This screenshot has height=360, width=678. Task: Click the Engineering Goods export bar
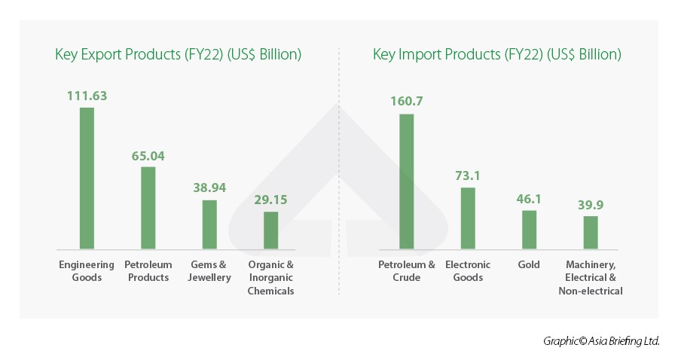pyautogui.click(x=87, y=178)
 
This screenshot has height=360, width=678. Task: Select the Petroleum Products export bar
pyautogui.click(x=148, y=207)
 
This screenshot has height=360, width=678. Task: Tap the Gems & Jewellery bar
pyautogui.click(x=209, y=224)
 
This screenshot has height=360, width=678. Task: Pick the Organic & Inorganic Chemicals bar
pyautogui.click(x=270, y=230)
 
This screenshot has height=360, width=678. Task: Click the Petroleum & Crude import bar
pyautogui.click(x=407, y=181)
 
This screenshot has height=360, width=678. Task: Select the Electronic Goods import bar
pyautogui.click(x=468, y=218)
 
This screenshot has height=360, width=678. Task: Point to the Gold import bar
pyautogui.click(x=529, y=229)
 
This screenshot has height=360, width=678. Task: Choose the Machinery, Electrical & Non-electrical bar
pyautogui.click(x=591, y=232)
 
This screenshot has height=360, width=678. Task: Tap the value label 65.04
pyautogui.click(x=148, y=156)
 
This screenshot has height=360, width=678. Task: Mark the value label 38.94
pyautogui.click(x=209, y=188)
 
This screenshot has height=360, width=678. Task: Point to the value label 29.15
pyautogui.click(x=270, y=200)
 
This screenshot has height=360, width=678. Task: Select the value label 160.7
pyautogui.click(x=407, y=101)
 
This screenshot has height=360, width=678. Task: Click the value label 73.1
pyautogui.click(x=468, y=175)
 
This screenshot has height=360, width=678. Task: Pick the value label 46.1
pyautogui.click(x=529, y=199)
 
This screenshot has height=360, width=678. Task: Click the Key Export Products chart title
pyautogui.click(x=178, y=54)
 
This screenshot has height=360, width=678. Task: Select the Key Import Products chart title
pyautogui.click(x=496, y=54)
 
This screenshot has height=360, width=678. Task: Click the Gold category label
pyautogui.click(x=529, y=265)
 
